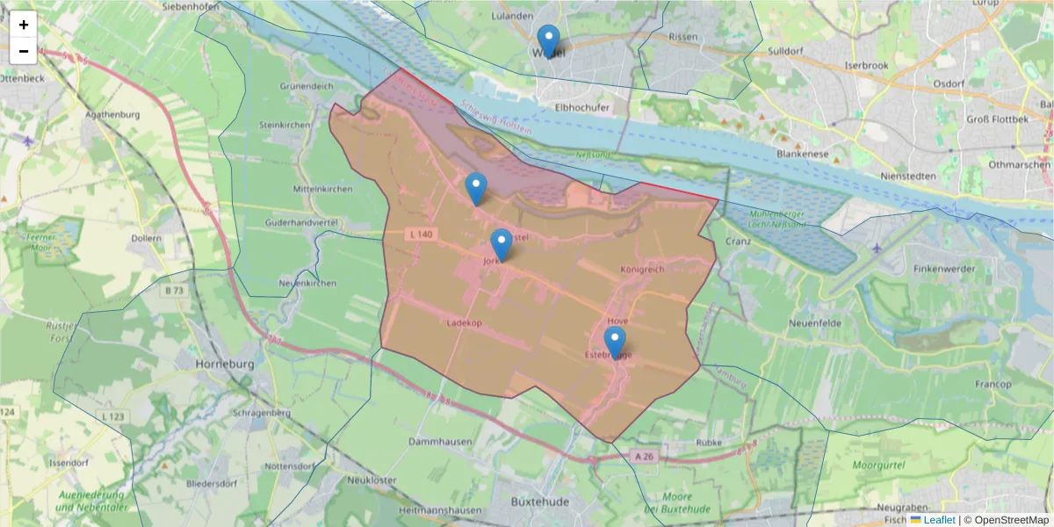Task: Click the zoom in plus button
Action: click(24, 25)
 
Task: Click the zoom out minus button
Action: click(24, 51)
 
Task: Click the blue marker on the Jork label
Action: click(502, 244)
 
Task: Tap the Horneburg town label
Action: click(225, 363)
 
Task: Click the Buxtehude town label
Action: click(539, 502)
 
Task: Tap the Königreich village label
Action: click(643, 269)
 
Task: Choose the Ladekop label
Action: click(465, 322)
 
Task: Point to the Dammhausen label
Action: click(441, 440)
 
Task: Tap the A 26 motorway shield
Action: click(644, 456)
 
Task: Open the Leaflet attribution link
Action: click(938, 520)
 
